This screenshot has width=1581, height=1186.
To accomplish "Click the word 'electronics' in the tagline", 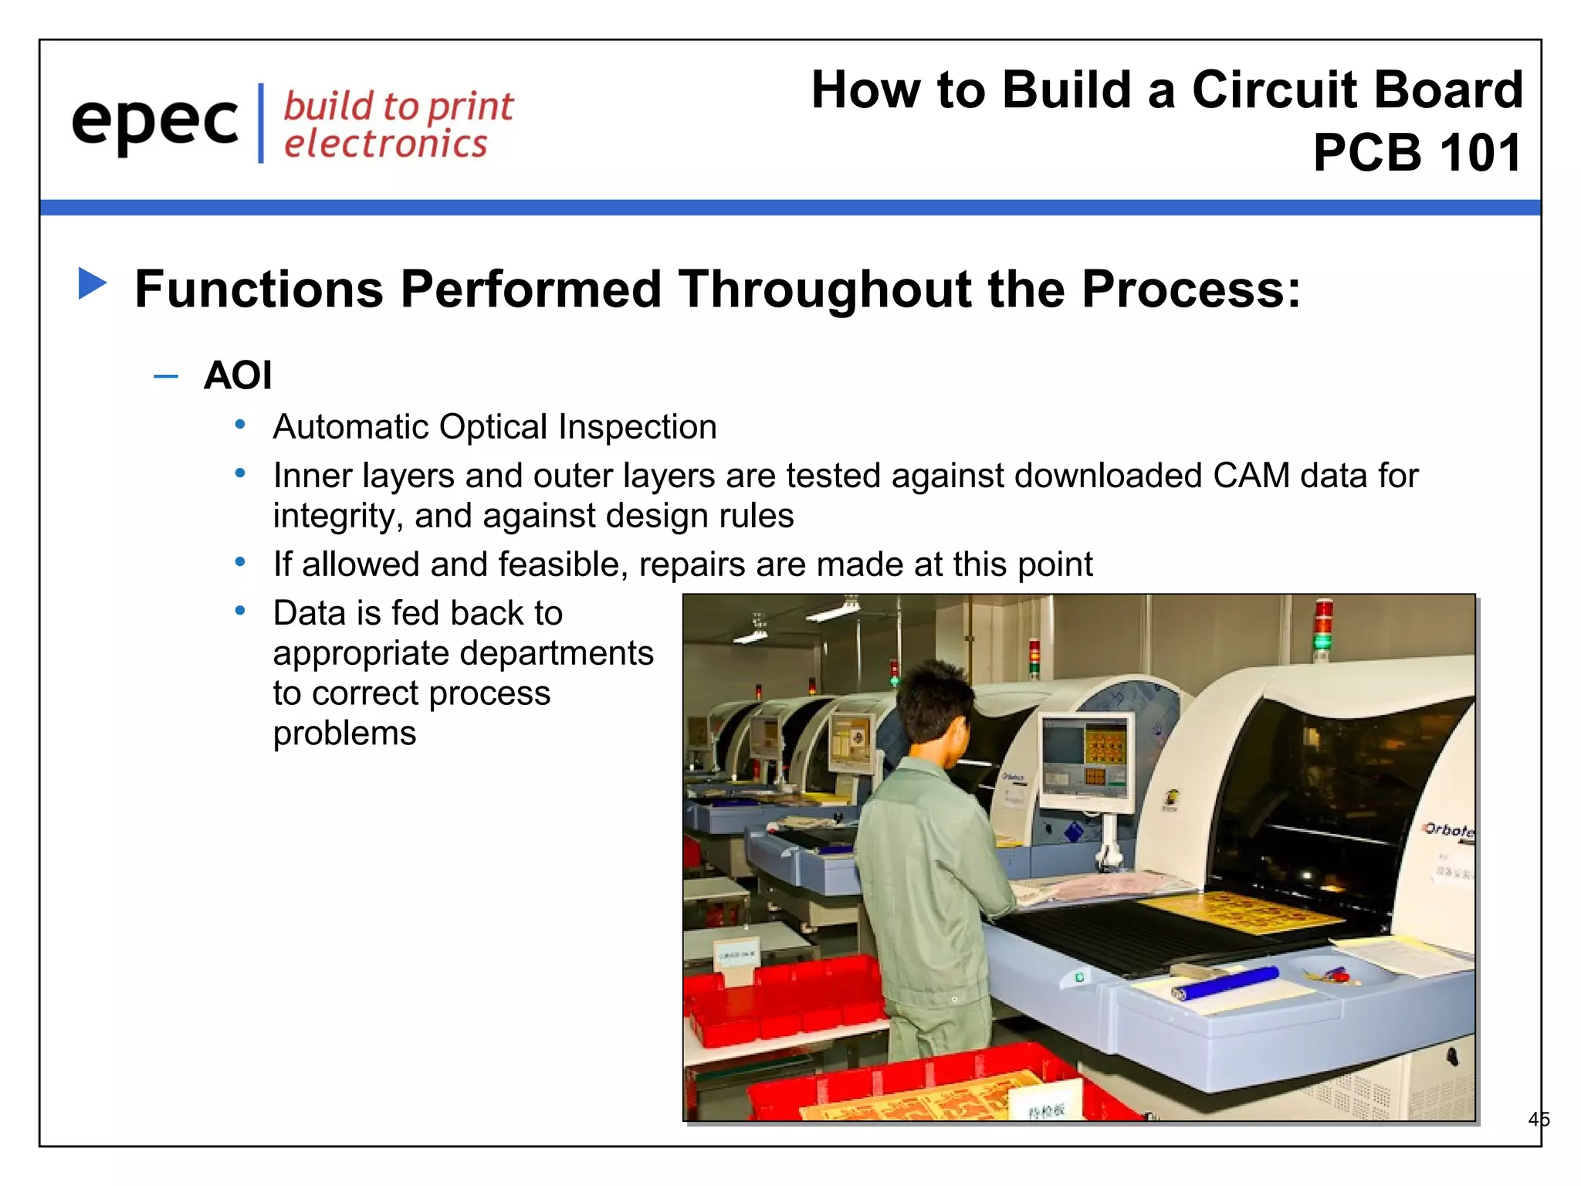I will coord(385,144).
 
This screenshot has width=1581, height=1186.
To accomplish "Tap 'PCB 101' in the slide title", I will coord(1417,152).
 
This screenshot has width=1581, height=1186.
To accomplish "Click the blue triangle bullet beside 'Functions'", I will coord(93,283).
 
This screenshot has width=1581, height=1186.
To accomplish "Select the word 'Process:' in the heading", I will coord(1190,289).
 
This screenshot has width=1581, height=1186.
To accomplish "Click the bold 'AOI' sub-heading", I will coord(238,376).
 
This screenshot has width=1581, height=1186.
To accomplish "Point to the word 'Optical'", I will coord(493,427).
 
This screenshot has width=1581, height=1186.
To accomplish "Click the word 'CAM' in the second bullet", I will coord(1251,476).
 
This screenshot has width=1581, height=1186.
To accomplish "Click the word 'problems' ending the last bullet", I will coord(344,734).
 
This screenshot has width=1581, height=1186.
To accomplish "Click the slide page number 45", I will coord(1538,1119).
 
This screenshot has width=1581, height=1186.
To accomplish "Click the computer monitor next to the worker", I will coord(1087,761).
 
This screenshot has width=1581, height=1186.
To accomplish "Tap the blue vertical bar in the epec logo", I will coord(261,124).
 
